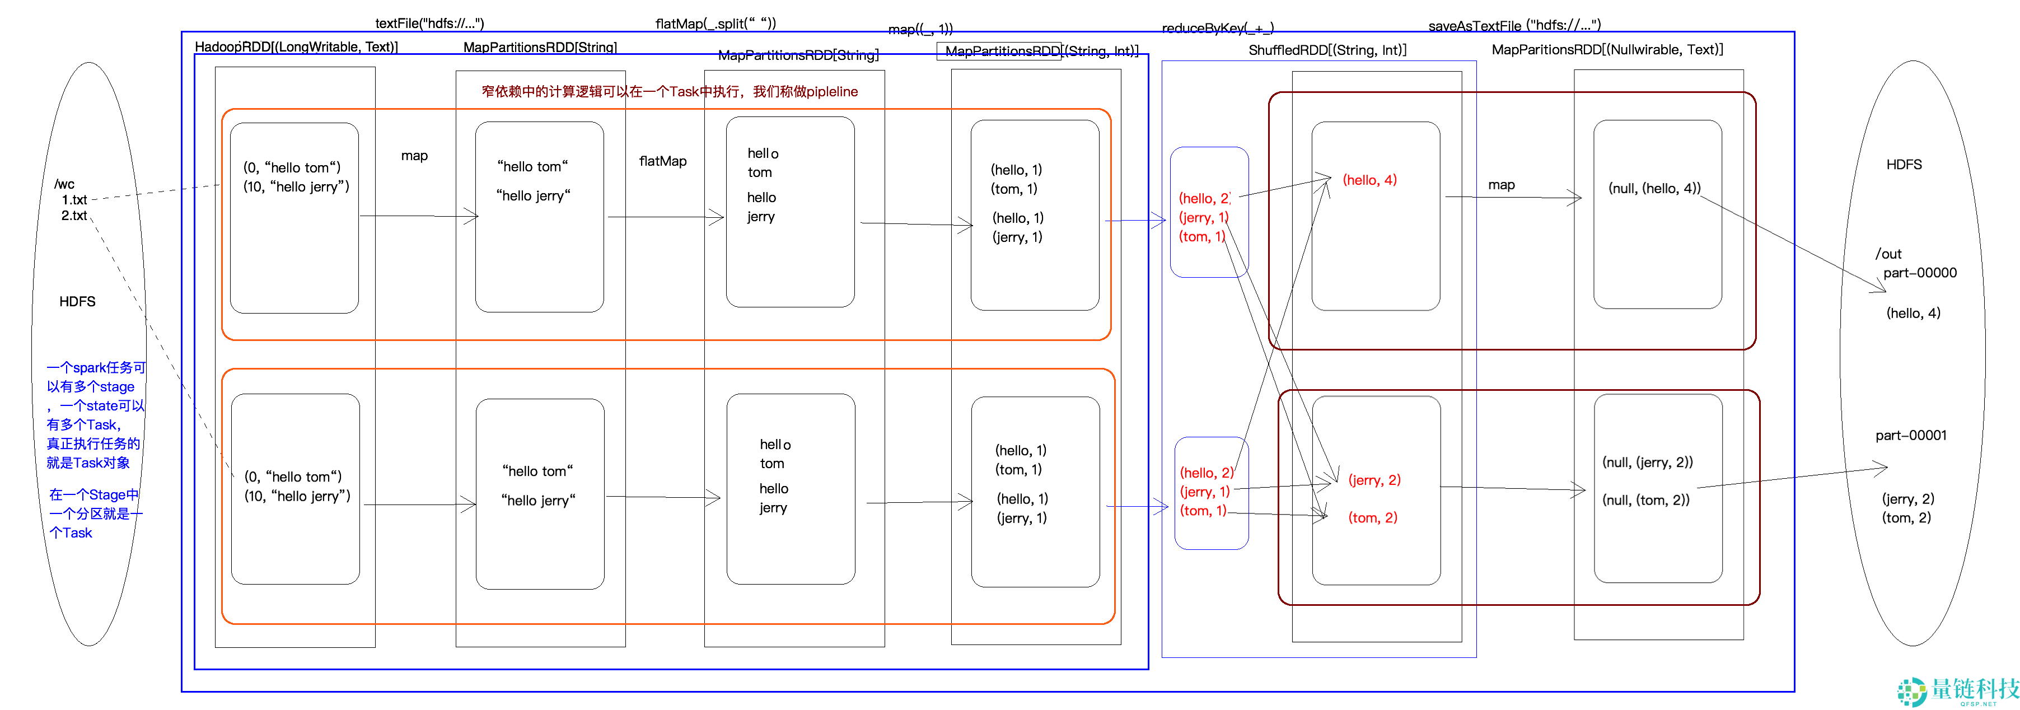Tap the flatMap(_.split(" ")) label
(x=715, y=24)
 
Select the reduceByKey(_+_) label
(x=1217, y=28)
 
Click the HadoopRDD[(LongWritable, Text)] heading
(x=296, y=47)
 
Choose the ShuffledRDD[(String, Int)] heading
(x=1327, y=50)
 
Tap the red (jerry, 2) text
(x=1374, y=480)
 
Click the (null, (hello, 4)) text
(x=1654, y=188)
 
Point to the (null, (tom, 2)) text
(x=1645, y=501)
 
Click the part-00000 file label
(x=1920, y=273)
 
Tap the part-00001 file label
(x=1910, y=436)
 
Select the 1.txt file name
(x=74, y=200)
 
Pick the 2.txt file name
(x=74, y=216)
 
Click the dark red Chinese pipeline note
(x=669, y=92)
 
